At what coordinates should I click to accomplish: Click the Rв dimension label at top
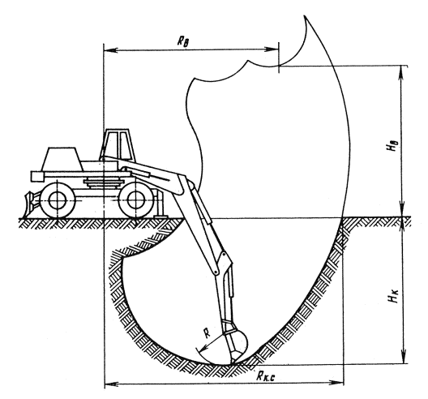[183, 42]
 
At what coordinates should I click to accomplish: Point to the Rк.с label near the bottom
[265, 376]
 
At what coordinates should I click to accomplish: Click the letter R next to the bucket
[208, 333]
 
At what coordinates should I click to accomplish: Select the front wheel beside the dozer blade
[58, 200]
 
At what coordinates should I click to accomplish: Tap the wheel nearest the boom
[135, 200]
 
